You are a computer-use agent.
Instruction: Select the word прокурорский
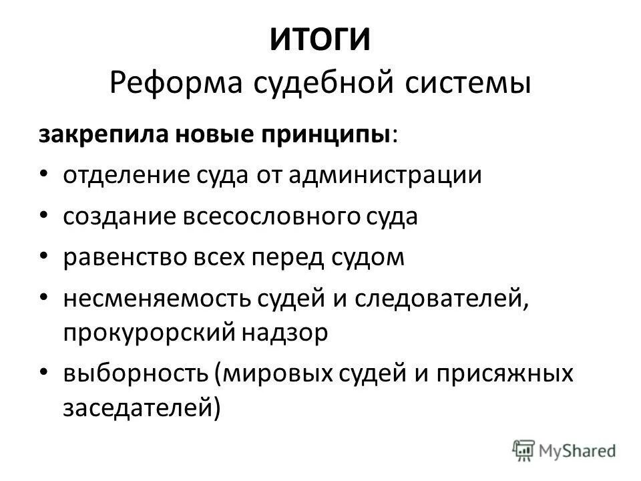[150, 332]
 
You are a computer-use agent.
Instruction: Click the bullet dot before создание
[44, 216]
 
